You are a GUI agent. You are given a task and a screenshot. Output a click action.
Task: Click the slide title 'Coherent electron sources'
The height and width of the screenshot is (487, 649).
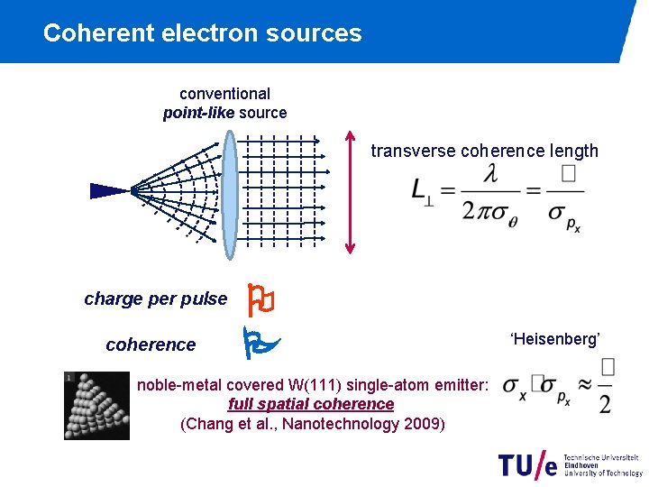pos(202,33)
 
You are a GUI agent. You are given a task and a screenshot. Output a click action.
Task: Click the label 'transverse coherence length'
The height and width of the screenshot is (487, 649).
pos(484,151)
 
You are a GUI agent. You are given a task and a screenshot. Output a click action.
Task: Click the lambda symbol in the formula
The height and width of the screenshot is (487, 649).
pos(489,174)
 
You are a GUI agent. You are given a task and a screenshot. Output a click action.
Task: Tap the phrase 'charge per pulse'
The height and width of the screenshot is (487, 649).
pos(155,299)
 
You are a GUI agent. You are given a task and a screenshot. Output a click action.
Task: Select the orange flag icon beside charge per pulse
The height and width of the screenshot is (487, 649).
pos(261,299)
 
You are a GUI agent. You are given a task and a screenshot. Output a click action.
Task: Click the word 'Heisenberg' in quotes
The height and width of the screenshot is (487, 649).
pos(555,339)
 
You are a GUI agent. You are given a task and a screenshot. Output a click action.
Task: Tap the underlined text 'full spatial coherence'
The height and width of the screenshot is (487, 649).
pos(311,404)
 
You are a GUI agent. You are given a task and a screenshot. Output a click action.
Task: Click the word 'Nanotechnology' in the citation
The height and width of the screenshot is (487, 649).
pos(337,423)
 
